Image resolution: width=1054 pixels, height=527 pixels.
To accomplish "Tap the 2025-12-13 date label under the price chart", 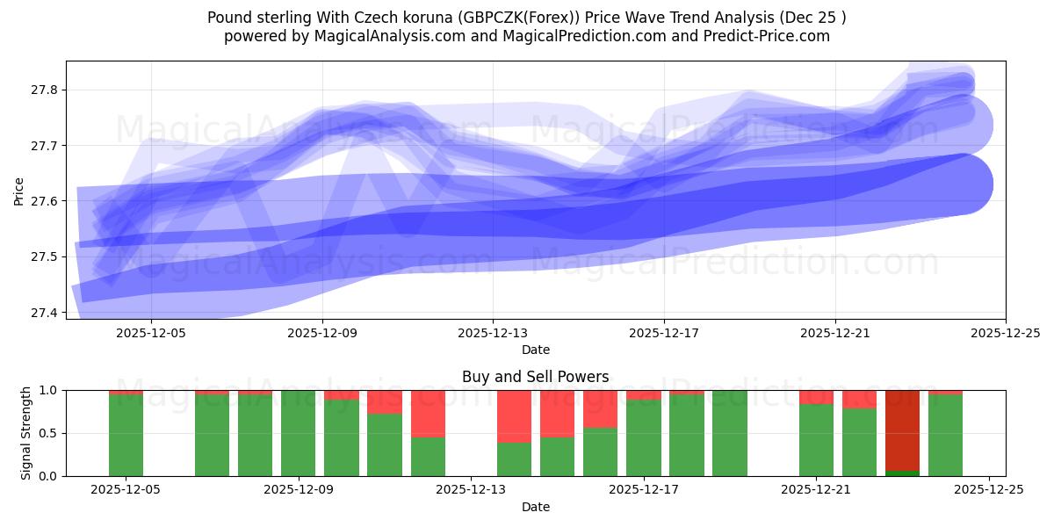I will [x=493, y=333].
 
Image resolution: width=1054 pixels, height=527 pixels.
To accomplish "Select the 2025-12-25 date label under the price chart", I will [x=1005, y=333].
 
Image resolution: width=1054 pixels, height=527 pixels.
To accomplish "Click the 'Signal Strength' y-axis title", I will [x=26, y=433].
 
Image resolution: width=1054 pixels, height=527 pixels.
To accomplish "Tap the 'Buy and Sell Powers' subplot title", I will [x=535, y=377].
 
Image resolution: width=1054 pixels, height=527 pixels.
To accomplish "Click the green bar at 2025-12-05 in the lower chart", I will [x=126, y=436].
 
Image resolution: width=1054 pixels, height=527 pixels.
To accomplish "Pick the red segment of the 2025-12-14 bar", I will [x=514, y=416].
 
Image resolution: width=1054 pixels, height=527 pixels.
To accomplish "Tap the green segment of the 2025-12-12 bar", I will [x=428, y=457].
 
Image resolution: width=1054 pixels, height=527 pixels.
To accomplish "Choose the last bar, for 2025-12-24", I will [x=945, y=436].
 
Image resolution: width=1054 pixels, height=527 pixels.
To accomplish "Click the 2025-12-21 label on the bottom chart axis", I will [x=816, y=490].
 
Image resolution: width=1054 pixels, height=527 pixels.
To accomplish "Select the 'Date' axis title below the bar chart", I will [x=535, y=507].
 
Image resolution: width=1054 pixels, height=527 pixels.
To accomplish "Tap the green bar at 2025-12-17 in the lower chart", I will [x=643, y=438].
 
